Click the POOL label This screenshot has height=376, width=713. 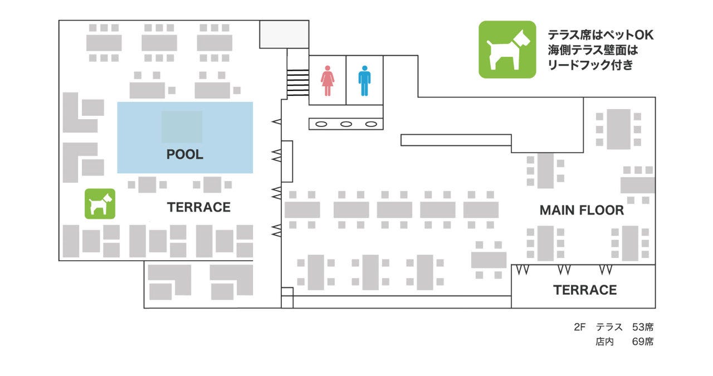pyautogui.click(x=185, y=155)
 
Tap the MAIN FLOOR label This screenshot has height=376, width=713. pyautogui.click(x=582, y=211)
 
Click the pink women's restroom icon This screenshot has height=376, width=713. pyautogui.click(x=327, y=81)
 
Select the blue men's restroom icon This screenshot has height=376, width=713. pyautogui.click(x=364, y=81)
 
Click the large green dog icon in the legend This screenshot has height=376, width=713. pyautogui.click(x=507, y=50)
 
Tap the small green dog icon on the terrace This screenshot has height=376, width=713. pyautogui.click(x=100, y=203)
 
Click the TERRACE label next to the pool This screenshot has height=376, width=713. pyautogui.click(x=199, y=207)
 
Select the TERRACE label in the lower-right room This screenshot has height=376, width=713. pyautogui.click(x=585, y=290)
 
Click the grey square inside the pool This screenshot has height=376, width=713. pyautogui.click(x=182, y=127)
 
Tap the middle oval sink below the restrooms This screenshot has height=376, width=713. pyautogui.click(x=346, y=124)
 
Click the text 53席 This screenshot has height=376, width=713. pyautogui.click(x=643, y=327)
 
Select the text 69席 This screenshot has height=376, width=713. pyautogui.click(x=643, y=341)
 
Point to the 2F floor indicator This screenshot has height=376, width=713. pyautogui.click(x=580, y=327)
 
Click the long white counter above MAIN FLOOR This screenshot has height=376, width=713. pyautogui.click(x=456, y=140)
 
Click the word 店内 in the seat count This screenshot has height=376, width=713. pyautogui.click(x=604, y=341)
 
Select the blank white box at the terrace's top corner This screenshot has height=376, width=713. pyautogui.click(x=284, y=34)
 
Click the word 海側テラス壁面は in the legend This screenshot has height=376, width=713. pyautogui.click(x=592, y=50)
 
